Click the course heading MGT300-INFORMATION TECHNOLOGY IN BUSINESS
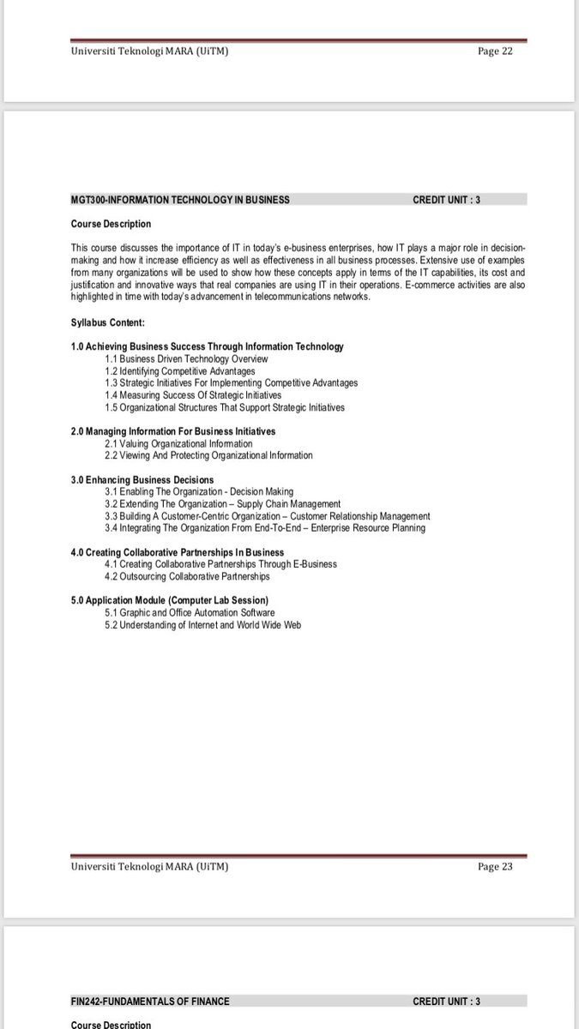click(x=180, y=200)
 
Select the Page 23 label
click(x=494, y=866)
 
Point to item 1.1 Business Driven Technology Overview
click(x=186, y=358)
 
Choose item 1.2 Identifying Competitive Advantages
click(x=180, y=371)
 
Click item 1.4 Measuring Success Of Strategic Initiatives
click(x=193, y=395)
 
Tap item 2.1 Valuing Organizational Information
click(x=178, y=443)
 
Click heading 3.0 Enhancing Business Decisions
click(x=142, y=479)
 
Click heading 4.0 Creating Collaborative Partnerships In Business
click(x=178, y=552)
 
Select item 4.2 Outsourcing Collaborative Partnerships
click(x=187, y=576)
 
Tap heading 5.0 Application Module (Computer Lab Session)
click(x=170, y=600)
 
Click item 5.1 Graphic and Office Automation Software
click(x=190, y=613)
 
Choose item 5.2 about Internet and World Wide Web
click(x=203, y=625)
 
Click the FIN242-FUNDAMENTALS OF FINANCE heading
click(x=150, y=1001)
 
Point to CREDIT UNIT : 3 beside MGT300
click(x=446, y=200)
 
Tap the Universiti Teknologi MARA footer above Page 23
click(x=149, y=866)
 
